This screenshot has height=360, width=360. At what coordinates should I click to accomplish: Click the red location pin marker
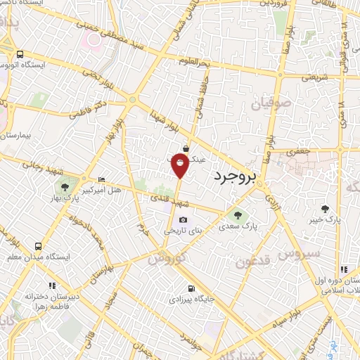[x=180, y=166]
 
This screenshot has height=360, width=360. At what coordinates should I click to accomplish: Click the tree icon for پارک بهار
[x=65, y=188]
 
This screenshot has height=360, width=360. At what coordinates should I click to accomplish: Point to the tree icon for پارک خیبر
[x=325, y=208]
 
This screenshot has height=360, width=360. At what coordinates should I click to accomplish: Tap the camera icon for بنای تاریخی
[x=184, y=220]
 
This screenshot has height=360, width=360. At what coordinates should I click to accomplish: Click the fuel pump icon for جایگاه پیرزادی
[x=191, y=288]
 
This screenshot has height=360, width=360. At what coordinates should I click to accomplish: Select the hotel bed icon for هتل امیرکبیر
[x=102, y=180]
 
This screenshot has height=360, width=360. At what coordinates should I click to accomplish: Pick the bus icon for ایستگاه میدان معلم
[x=37, y=247]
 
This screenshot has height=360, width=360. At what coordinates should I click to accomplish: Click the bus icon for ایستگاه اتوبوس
[x=20, y=54]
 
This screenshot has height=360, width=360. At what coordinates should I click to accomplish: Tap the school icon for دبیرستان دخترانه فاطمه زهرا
[x=52, y=285]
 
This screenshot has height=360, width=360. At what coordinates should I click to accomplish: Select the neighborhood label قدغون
[x=252, y=262]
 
